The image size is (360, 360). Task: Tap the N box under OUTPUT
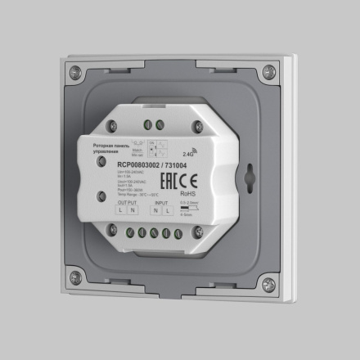tap(133, 211)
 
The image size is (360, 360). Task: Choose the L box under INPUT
tap(169, 213)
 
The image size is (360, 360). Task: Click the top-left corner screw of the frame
tap(75, 71)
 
